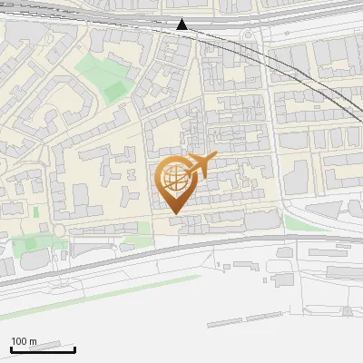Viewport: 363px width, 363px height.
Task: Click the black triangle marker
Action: click(182, 25)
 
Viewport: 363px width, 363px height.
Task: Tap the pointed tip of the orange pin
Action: click(174, 212)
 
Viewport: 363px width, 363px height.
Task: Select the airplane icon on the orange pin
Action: click(200, 165)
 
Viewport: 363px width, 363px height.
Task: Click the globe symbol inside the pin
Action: click(173, 180)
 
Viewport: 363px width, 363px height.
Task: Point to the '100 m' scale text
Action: click(24, 341)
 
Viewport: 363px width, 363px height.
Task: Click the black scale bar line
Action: click(42, 349)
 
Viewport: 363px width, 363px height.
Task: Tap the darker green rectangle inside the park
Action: click(114, 91)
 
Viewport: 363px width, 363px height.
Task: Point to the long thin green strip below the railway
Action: click(109, 291)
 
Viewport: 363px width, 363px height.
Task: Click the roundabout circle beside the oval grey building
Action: click(60, 230)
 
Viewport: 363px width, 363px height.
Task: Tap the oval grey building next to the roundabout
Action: click(32, 261)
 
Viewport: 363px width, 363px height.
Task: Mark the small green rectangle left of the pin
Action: click(36, 211)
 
